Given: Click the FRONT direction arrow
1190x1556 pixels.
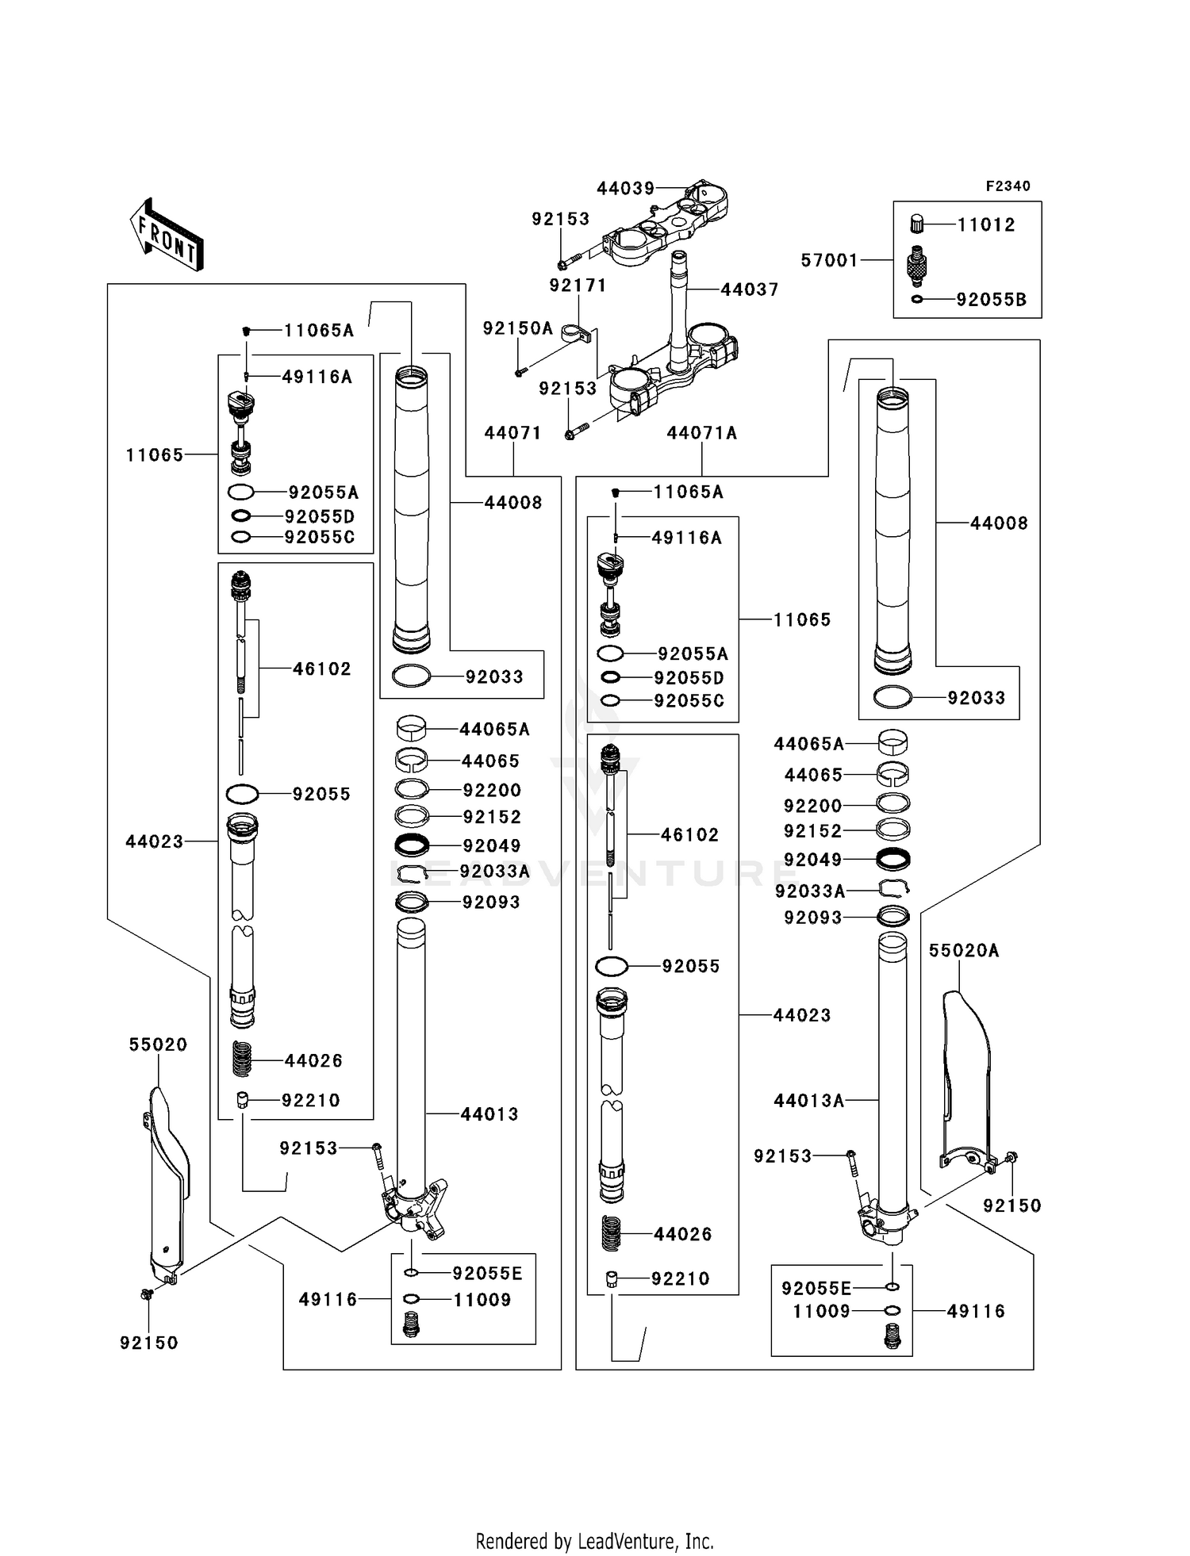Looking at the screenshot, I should [x=166, y=235].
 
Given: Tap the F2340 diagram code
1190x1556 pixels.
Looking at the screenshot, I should [x=1008, y=186].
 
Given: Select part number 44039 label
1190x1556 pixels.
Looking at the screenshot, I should [x=625, y=189].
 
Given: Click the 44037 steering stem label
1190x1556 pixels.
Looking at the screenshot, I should [x=749, y=290].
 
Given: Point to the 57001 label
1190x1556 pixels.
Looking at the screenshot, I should [x=829, y=260].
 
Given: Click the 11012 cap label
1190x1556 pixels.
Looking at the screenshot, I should [x=985, y=225].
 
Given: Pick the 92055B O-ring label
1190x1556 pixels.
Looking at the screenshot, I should [x=991, y=300].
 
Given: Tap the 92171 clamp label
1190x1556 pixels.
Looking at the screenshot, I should [x=578, y=286].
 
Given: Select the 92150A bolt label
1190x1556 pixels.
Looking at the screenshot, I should [x=517, y=328].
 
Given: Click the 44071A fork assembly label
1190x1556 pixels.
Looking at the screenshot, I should [x=701, y=433].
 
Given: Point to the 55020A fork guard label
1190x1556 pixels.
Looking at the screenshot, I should [x=963, y=951].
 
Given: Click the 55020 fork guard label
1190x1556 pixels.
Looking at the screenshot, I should [x=158, y=1045].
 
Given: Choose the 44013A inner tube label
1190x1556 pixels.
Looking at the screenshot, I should [x=808, y=1101].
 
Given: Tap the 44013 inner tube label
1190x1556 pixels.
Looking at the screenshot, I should [x=489, y=1114].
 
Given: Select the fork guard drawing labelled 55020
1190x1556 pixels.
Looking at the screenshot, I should [x=167, y=1182].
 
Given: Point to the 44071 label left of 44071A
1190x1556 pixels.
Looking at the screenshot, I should [x=512, y=433].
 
